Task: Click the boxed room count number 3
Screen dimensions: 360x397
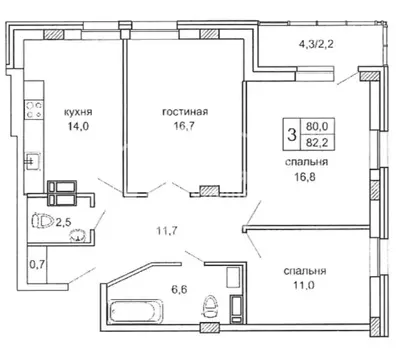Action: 292,134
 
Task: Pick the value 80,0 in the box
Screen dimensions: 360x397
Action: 322,126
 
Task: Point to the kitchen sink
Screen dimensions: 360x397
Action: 33,160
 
